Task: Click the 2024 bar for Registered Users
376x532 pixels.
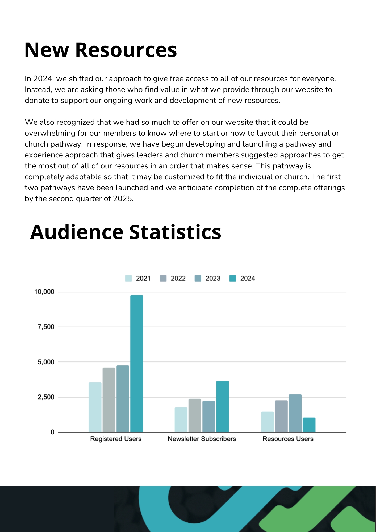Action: pyautogui.click(x=136, y=363)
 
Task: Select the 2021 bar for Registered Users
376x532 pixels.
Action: pyautogui.click(x=95, y=407)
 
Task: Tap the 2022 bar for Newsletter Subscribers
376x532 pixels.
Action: pyautogui.click(x=195, y=415)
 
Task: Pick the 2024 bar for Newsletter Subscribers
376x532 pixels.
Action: pyautogui.click(x=222, y=406)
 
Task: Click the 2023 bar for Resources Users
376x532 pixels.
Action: pyautogui.click(x=295, y=413)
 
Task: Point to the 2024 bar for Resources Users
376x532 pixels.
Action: pyautogui.click(x=309, y=425)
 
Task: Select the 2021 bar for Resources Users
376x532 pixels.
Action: pyautogui.click(x=267, y=422)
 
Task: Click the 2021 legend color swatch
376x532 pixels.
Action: pyautogui.click(x=128, y=279)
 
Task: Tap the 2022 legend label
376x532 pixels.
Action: pyautogui.click(x=178, y=279)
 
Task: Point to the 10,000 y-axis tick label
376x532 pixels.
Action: pyautogui.click(x=44, y=292)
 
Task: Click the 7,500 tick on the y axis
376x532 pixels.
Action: pyautogui.click(x=46, y=327)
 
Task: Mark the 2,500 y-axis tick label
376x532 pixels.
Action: pyautogui.click(x=46, y=397)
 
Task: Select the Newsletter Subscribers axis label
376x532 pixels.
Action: pyautogui.click(x=202, y=439)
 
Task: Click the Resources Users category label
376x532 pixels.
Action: pyautogui.click(x=288, y=439)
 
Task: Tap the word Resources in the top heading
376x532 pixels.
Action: pyautogui.click(x=126, y=50)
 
